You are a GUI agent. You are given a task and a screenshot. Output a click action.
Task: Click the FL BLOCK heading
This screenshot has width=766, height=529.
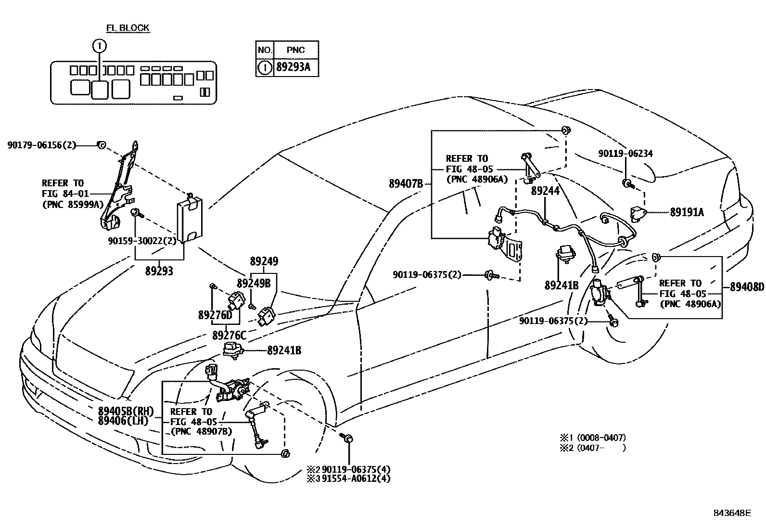pyautogui.click(x=127, y=28)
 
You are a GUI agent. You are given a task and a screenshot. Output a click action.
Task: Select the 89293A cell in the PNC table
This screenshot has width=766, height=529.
pyautogui.click(x=293, y=67)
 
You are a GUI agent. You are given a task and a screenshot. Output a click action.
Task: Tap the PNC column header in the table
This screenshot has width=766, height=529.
pyautogui.click(x=295, y=50)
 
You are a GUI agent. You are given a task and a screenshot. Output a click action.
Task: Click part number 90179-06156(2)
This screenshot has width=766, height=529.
pyautogui.click(x=42, y=144)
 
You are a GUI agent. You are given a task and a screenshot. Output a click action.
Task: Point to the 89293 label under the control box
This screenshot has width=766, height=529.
pyautogui.click(x=159, y=271)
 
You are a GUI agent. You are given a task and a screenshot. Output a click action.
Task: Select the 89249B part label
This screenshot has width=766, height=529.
pyautogui.click(x=253, y=283)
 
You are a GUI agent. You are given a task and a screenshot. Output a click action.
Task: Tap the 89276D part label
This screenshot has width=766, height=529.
pyautogui.click(x=215, y=315)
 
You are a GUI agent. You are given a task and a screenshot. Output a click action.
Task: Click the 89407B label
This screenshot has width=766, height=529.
pyautogui.click(x=406, y=183)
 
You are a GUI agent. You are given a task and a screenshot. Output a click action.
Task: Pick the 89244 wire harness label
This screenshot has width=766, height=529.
pyautogui.click(x=545, y=191)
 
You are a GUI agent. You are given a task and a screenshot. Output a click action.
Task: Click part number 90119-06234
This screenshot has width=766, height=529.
pyautogui.click(x=626, y=154)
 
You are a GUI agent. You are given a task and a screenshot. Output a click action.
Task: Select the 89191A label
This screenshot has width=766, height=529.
pyautogui.click(x=687, y=212)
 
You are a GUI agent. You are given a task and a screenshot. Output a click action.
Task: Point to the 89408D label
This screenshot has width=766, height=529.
pyautogui.click(x=746, y=287)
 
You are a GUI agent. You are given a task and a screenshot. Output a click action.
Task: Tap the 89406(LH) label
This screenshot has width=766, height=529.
pyautogui.click(x=123, y=421)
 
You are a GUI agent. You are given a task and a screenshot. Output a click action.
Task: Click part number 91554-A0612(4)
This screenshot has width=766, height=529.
pyautogui.click(x=356, y=478)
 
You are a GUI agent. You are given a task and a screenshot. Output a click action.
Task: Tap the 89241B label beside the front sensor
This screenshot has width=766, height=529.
pyautogui.click(x=284, y=350)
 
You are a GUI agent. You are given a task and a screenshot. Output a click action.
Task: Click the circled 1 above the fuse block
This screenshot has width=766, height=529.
pyautogui.click(x=99, y=46)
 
